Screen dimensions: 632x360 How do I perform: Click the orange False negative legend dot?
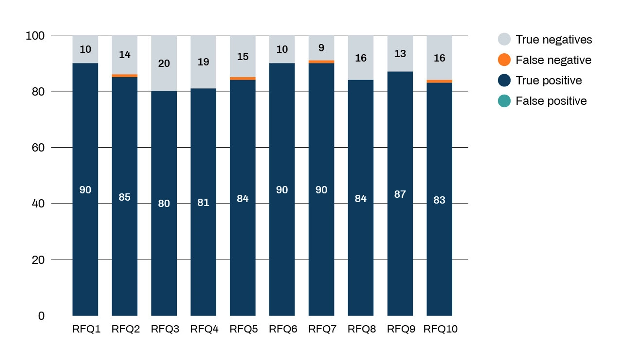tap(504, 60)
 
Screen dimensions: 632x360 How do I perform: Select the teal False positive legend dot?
tap(504, 101)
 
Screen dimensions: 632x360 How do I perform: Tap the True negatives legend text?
tap(554, 40)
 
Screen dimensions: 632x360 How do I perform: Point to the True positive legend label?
tap(549, 80)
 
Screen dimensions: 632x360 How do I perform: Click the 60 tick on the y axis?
tap(38, 147)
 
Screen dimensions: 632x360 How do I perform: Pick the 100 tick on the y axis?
tap(35, 36)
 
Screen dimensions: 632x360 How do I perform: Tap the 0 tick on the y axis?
tap(41, 316)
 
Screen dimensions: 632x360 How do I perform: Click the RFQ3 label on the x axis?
tap(165, 329)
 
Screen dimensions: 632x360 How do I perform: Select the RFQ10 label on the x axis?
tap(440, 329)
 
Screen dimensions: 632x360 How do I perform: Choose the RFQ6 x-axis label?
tap(283, 329)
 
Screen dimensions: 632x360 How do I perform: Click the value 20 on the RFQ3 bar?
tap(164, 63)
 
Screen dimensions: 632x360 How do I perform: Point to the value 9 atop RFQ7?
tap(321, 48)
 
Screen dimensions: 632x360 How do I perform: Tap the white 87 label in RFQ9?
tap(400, 194)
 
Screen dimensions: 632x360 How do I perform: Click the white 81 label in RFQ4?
tap(203, 202)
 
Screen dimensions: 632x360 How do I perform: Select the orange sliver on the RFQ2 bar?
tap(124, 76)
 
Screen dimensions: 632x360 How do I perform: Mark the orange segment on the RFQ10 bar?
tap(439, 81)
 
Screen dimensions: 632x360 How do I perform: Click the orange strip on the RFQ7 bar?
tap(321, 62)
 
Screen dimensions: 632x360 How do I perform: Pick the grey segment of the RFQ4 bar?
tap(203, 62)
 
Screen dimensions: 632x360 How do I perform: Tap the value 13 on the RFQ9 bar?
tap(400, 53)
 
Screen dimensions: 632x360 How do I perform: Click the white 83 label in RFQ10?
tap(439, 200)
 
